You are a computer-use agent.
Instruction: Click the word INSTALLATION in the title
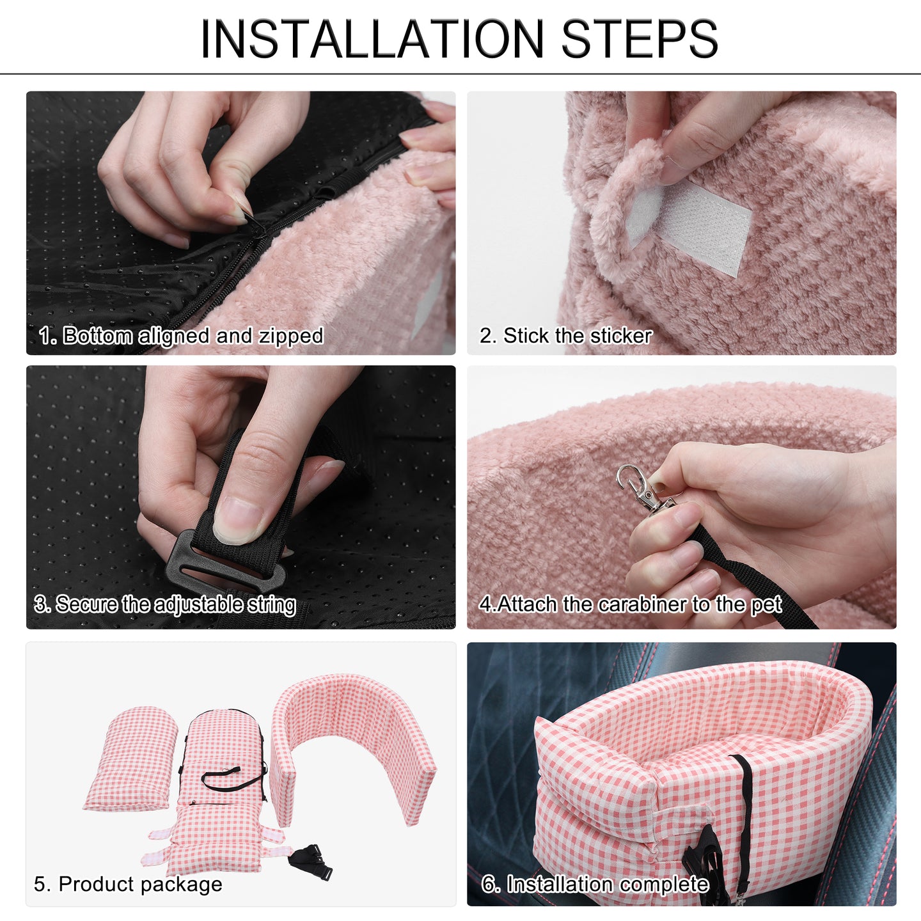click(x=372, y=39)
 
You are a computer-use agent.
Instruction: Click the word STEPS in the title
click(x=640, y=39)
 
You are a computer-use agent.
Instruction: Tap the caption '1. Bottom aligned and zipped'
click(x=181, y=336)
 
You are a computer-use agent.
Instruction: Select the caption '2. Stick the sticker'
click(x=566, y=336)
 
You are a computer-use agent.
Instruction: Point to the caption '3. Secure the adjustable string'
click(x=166, y=604)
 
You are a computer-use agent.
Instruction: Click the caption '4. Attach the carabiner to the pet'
click(x=631, y=604)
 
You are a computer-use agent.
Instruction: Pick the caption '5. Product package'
click(x=128, y=870)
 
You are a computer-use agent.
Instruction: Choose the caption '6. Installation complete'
click(x=595, y=870)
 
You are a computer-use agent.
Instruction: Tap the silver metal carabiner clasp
click(x=643, y=490)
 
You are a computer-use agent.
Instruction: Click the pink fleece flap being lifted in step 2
click(x=626, y=201)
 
